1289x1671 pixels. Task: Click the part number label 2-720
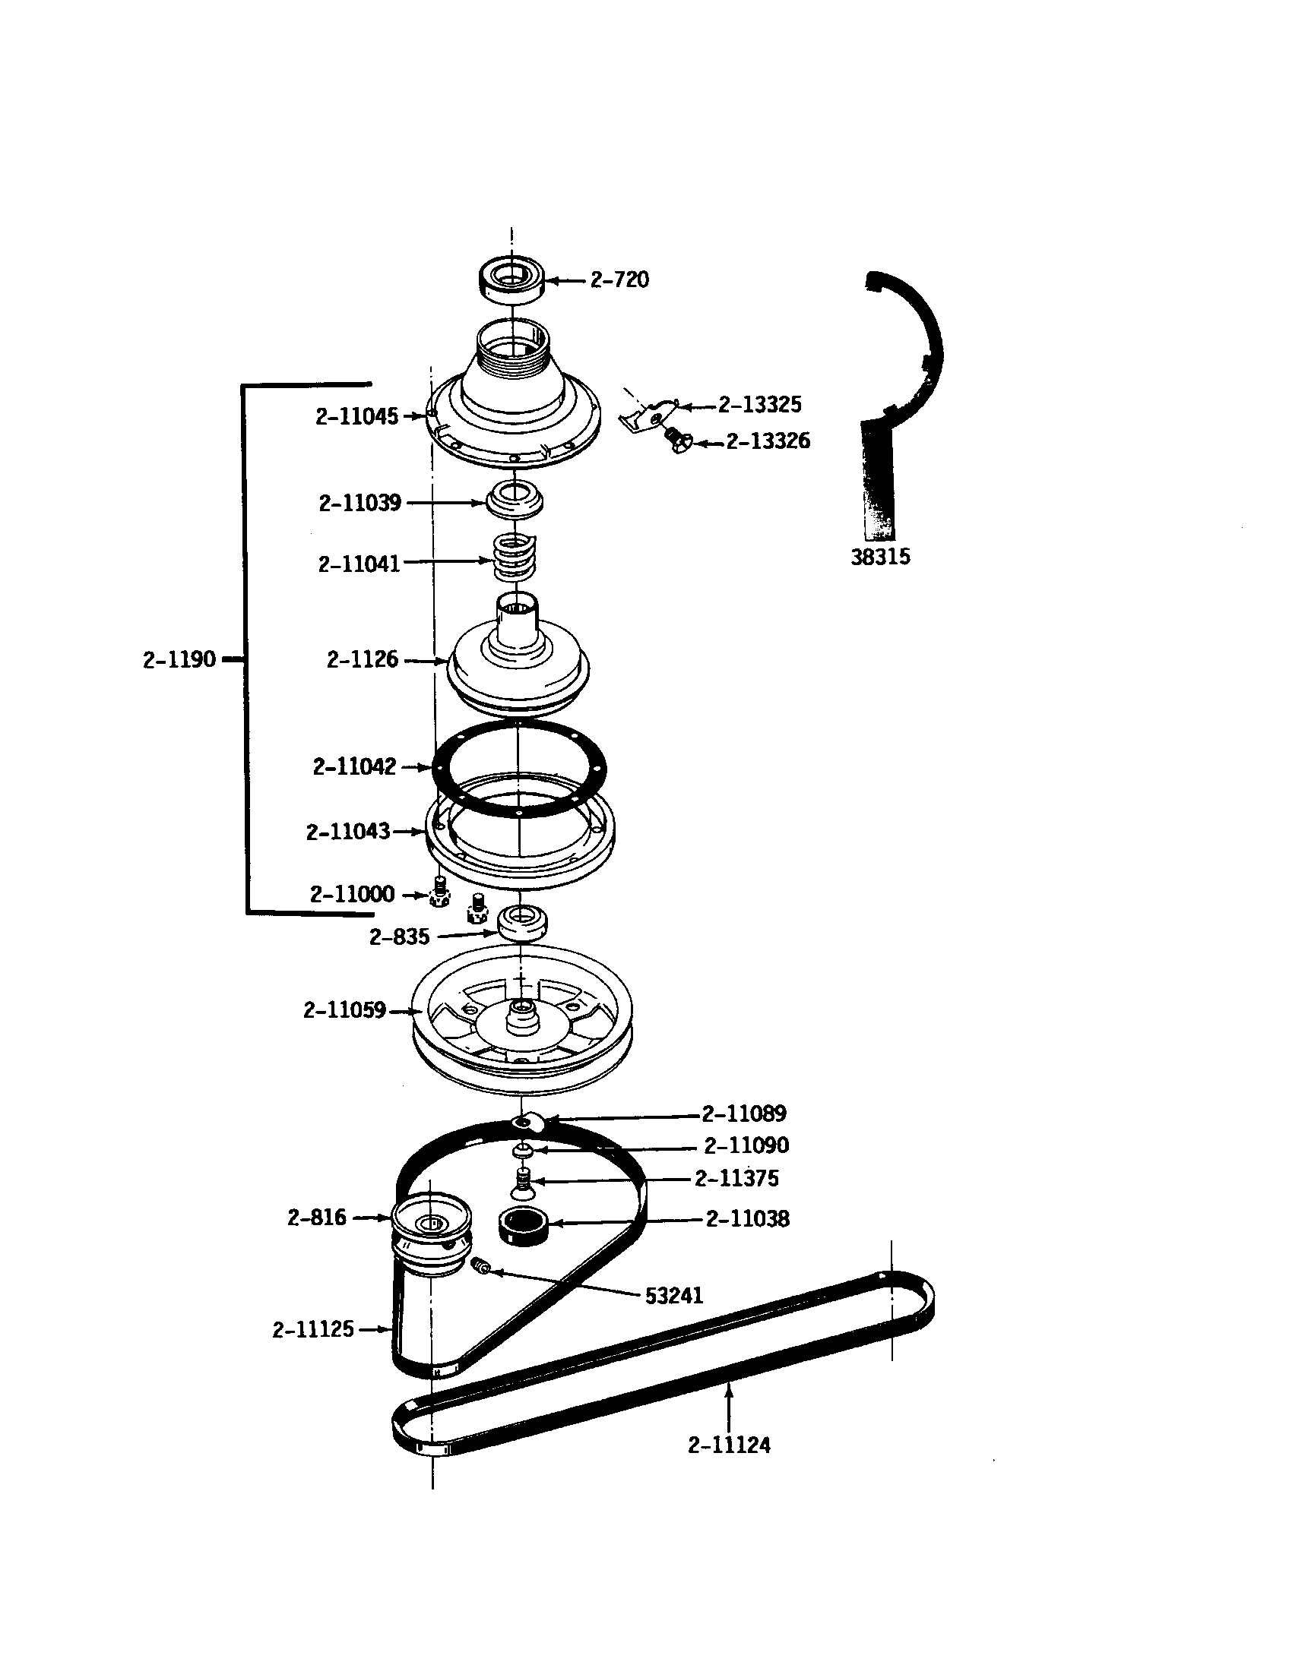click(x=619, y=280)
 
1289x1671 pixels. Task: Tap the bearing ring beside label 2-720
click(x=511, y=280)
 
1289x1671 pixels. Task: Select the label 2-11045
click(x=356, y=416)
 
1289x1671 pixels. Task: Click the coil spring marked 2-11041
click(x=515, y=560)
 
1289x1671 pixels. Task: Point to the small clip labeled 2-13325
click(x=650, y=416)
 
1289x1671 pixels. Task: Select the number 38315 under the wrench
click(x=880, y=557)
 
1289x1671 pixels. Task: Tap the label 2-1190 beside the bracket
click(x=179, y=659)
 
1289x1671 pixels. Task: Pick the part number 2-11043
click(x=347, y=832)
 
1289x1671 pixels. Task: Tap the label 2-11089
click(x=743, y=1114)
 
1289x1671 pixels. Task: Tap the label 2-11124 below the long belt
click(x=729, y=1445)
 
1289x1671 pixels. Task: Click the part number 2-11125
click(x=313, y=1330)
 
